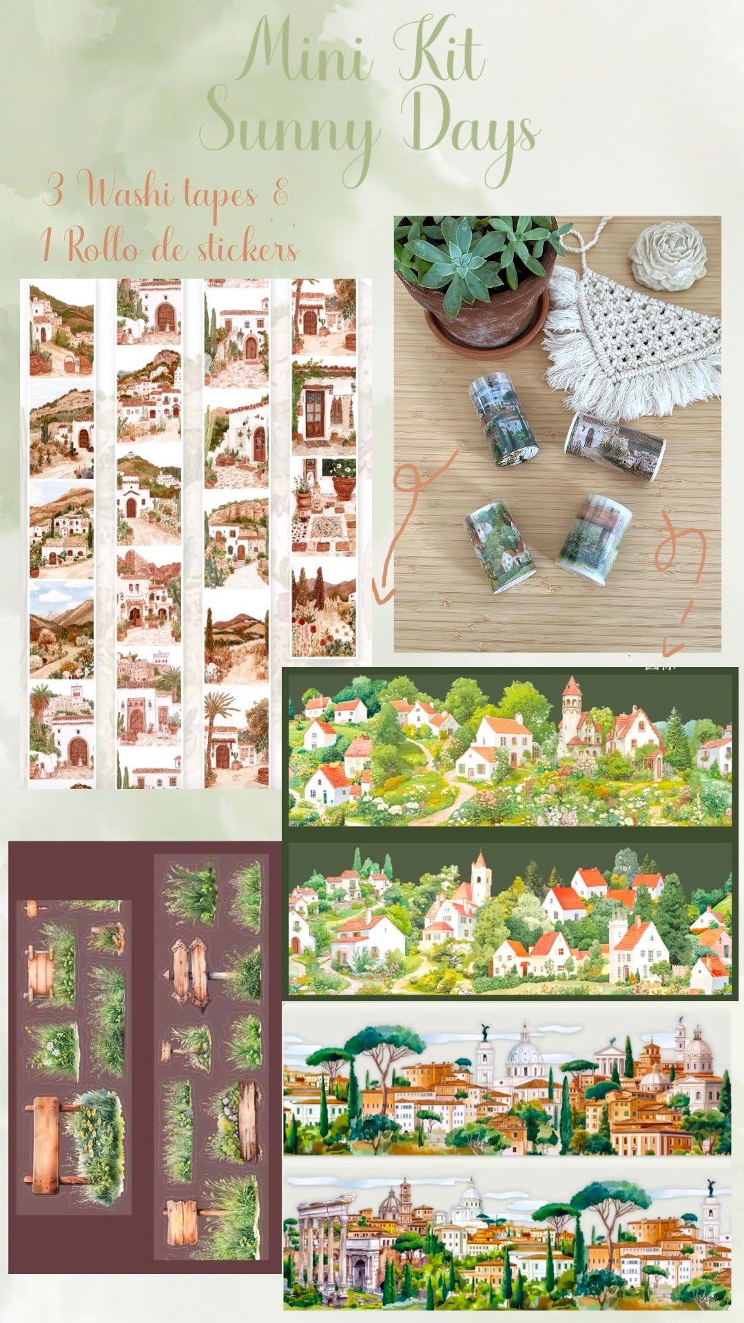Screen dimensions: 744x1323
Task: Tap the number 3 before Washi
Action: pos(53,189)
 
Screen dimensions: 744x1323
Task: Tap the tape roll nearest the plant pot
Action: pos(502,417)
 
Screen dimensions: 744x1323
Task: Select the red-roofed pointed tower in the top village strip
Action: pos(571,713)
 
